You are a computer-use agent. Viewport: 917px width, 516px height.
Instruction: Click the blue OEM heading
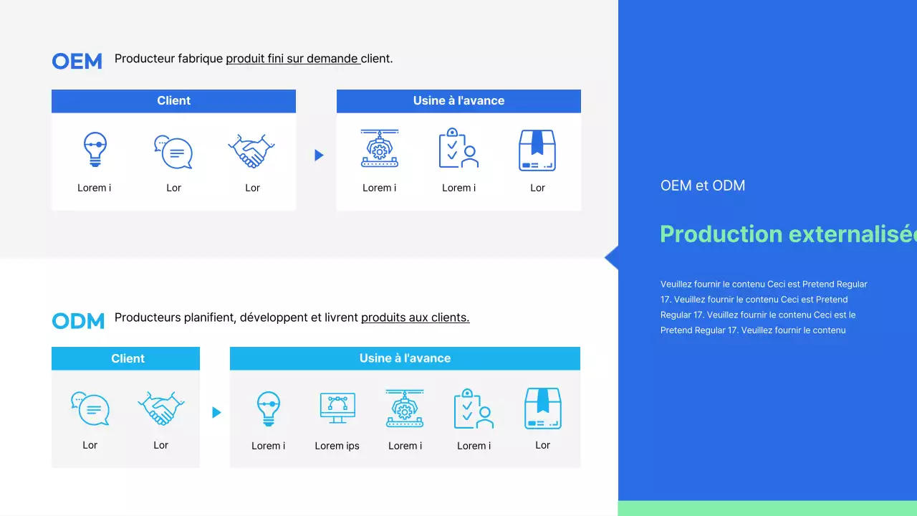(x=77, y=62)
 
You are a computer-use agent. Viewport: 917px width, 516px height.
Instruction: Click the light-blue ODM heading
(x=78, y=321)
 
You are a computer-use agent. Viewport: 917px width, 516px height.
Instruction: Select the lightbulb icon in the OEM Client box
(x=95, y=149)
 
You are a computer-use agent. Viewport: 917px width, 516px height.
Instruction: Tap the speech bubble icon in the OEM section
(x=173, y=152)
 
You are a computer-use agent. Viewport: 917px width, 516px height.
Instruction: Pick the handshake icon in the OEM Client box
(x=251, y=150)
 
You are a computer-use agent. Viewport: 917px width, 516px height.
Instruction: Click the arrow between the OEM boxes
(x=319, y=155)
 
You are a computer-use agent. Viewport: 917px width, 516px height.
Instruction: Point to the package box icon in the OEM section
(x=537, y=150)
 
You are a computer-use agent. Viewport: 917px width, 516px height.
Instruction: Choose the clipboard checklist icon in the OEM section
(x=458, y=148)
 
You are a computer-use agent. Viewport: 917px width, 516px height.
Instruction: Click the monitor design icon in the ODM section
(x=337, y=408)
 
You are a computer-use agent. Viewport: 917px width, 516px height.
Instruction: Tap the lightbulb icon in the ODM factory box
(x=269, y=408)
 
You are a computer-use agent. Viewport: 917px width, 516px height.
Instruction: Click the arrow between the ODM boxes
(x=216, y=412)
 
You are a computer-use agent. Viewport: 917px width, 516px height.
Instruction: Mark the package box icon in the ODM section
(x=543, y=408)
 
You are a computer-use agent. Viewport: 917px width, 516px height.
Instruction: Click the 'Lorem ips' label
(x=337, y=446)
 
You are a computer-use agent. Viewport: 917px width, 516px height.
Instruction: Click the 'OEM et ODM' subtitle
(x=703, y=186)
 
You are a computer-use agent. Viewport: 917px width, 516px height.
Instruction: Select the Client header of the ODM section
(x=128, y=358)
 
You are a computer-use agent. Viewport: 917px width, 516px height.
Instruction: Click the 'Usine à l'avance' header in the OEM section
(x=458, y=100)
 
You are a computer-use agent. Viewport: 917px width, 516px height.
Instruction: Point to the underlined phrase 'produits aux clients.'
(x=415, y=317)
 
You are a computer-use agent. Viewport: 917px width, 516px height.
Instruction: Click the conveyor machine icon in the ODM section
(x=405, y=408)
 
